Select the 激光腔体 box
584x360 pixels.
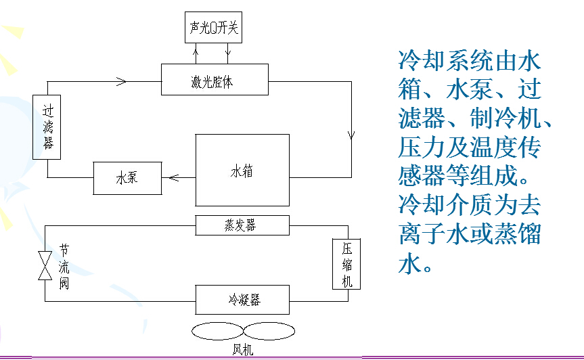coord(215,80)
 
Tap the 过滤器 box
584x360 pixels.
coord(47,126)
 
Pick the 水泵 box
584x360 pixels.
coord(127,179)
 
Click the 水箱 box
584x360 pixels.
coord(242,170)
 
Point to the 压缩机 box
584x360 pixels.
coord(346,263)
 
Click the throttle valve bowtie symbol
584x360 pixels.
coord(45,265)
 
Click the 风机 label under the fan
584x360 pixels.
coord(242,351)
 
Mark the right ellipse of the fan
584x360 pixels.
coord(269,332)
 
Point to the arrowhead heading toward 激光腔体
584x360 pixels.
coord(122,81)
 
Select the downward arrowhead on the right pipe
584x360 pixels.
coord(351,134)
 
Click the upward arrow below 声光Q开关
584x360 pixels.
coord(197,50)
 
